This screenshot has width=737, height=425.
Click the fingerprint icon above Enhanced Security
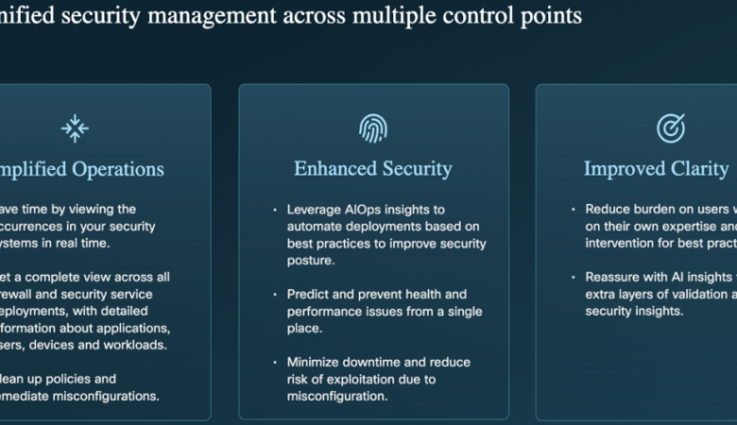click(x=373, y=127)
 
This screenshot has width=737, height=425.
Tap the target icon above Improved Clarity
click(x=670, y=127)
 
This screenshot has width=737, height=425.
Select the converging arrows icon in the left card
click(x=75, y=127)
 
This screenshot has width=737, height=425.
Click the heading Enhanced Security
click(x=373, y=169)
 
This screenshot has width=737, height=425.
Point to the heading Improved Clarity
click(x=656, y=169)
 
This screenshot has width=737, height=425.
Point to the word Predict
click(x=308, y=295)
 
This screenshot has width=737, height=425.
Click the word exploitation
click(x=362, y=380)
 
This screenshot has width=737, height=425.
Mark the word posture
click(x=311, y=260)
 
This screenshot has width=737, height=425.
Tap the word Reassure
click(x=614, y=277)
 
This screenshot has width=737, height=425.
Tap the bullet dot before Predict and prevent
click(x=275, y=295)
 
